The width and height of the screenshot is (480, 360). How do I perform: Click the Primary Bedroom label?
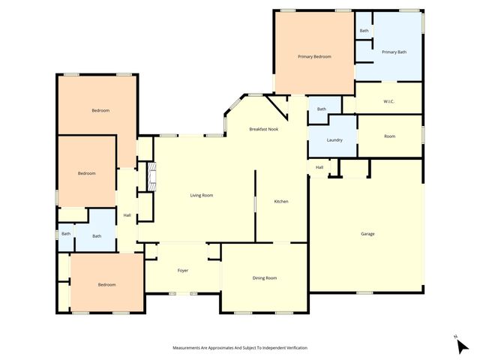[x=314, y=56]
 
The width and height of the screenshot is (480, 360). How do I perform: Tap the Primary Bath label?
[x=394, y=52]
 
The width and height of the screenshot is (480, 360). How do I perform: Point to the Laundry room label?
[x=334, y=140]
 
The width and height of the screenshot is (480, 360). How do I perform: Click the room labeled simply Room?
[x=389, y=136]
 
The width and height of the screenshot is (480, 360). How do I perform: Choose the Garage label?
[x=367, y=234]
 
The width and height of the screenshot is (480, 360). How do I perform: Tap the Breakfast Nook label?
[x=263, y=130]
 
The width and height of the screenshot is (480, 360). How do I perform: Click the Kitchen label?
[x=281, y=201]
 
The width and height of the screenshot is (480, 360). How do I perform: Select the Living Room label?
[x=201, y=195]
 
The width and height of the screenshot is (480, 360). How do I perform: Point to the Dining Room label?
[x=265, y=277]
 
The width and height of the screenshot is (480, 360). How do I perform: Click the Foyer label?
[x=182, y=270]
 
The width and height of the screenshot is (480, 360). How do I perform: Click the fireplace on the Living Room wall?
[x=151, y=178]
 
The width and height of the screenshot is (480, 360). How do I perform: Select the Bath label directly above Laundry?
[x=321, y=109]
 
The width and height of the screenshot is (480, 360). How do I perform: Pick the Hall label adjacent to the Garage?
[x=319, y=167]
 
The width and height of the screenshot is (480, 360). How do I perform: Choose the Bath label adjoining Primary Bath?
[x=364, y=31]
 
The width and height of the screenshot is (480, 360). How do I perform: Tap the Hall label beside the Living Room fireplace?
[x=127, y=216]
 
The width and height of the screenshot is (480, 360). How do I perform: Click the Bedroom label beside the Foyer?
[x=106, y=284]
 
